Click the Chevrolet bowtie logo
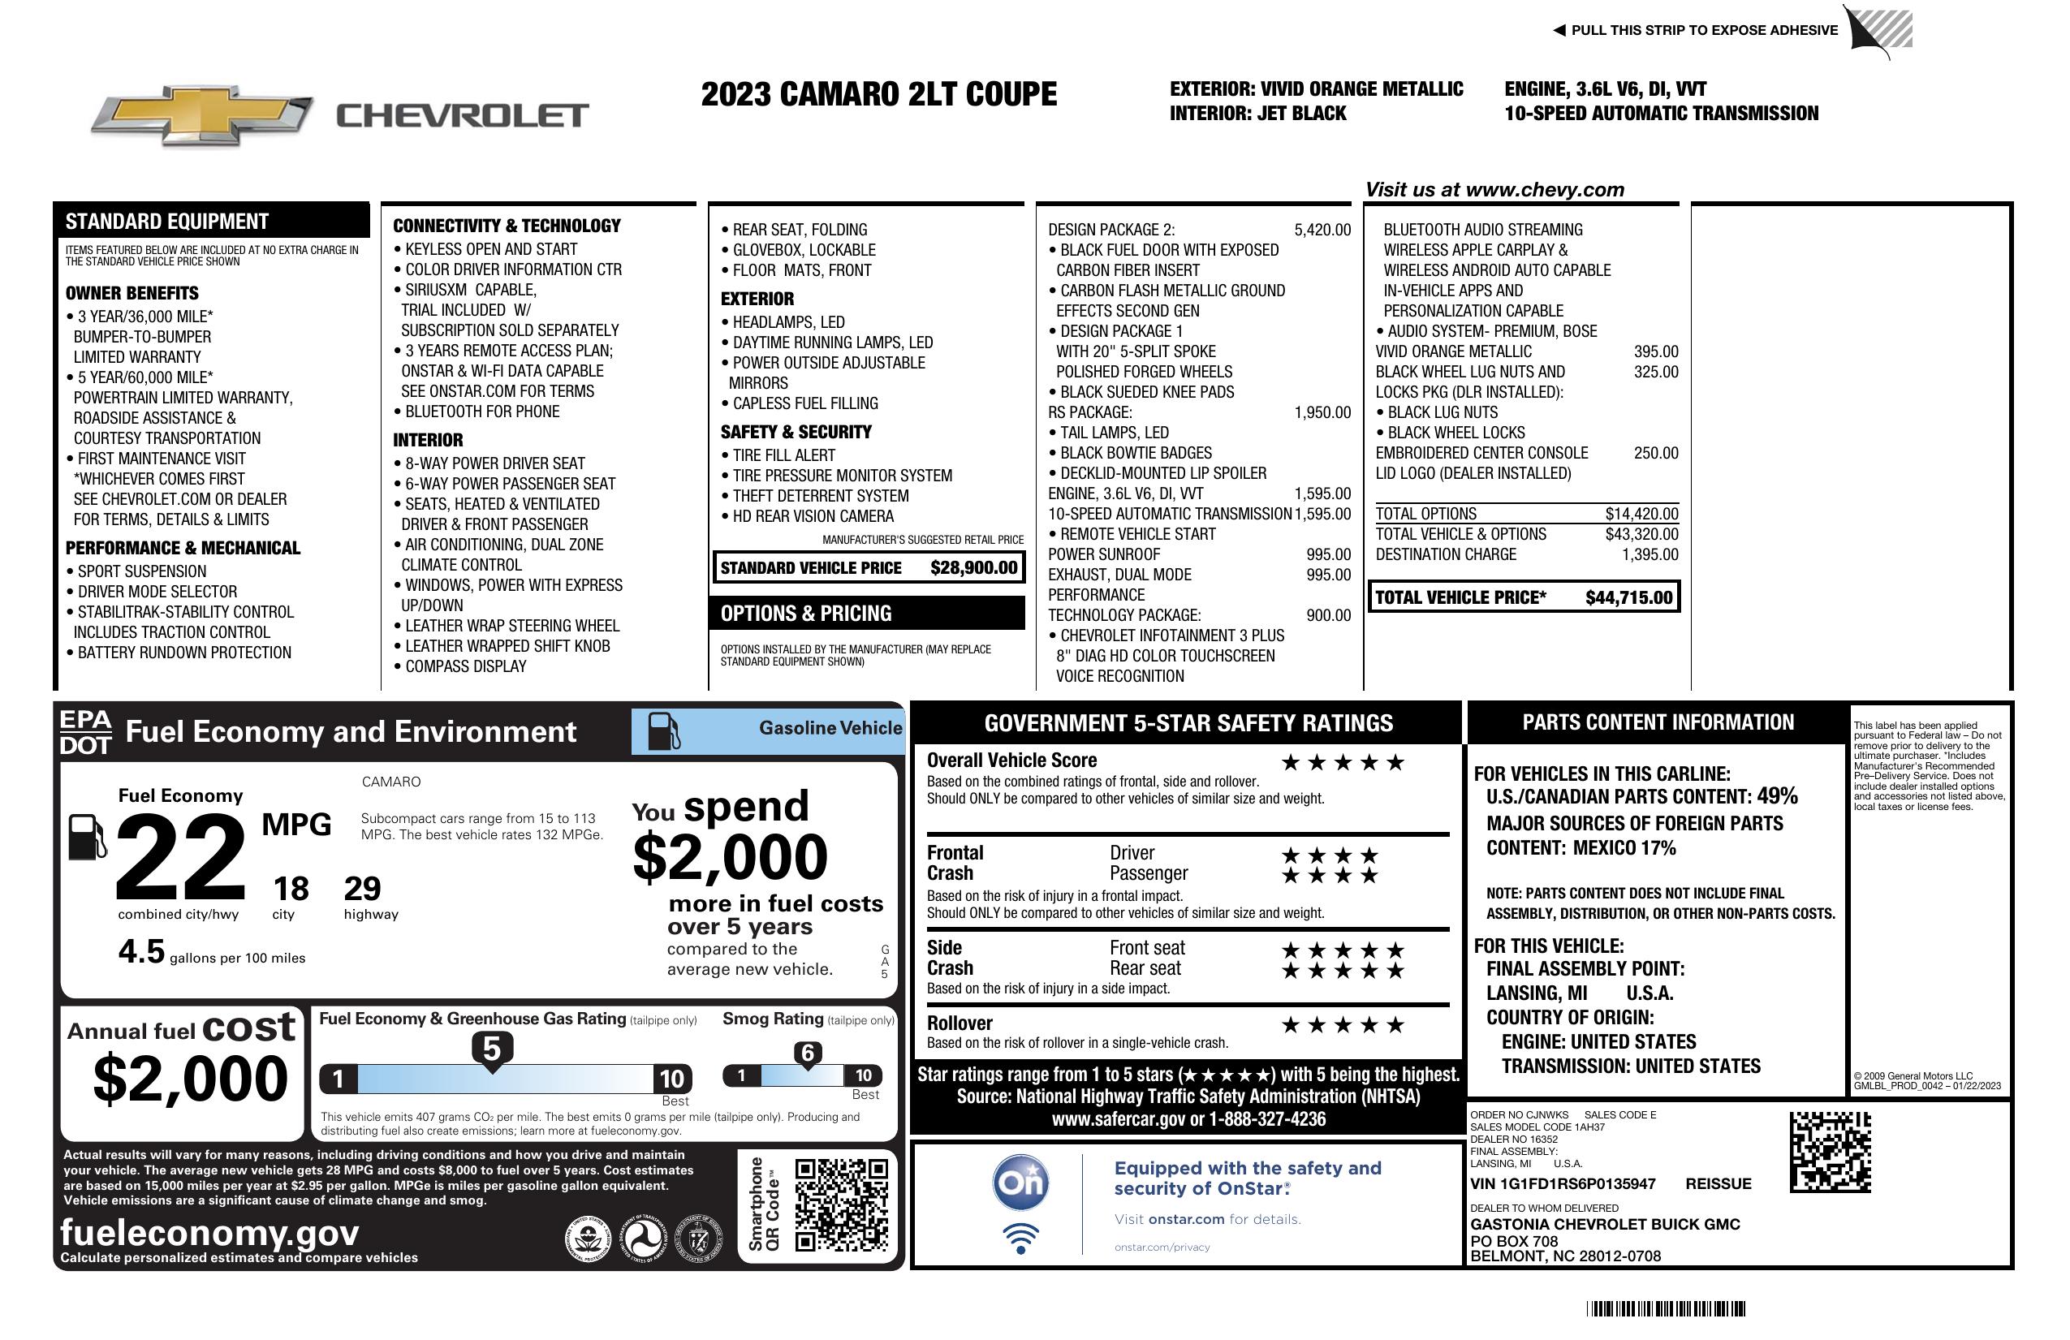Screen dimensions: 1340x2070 pyautogui.click(x=202, y=114)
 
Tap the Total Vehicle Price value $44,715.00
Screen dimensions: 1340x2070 pyautogui.click(x=1628, y=597)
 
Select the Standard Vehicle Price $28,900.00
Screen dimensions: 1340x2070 pyautogui.click(x=973, y=568)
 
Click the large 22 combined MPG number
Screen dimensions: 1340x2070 pyautogui.click(x=181, y=857)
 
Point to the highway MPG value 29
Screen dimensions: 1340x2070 pyautogui.click(x=362, y=889)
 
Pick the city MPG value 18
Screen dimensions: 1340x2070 pyautogui.click(x=291, y=889)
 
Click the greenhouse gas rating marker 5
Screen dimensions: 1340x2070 pyautogui.click(x=491, y=1049)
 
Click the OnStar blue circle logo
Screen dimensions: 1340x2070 pyautogui.click(x=1020, y=1183)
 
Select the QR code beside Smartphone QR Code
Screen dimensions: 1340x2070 pyautogui.click(x=841, y=1204)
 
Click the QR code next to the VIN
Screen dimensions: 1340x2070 pyautogui.click(x=1830, y=1152)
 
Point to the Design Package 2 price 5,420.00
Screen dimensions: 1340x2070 pyautogui.click(x=1322, y=230)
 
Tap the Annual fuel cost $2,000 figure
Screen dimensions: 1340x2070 pyautogui.click(x=191, y=1079)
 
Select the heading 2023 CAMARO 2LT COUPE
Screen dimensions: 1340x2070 pyautogui.click(x=878, y=94)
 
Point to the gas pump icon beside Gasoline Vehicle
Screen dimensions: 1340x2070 pyautogui.click(x=664, y=731)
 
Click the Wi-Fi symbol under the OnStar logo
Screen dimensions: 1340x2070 pyautogui.click(x=1020, y=1238)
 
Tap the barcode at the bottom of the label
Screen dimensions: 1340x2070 pyautogui.click(x=1666, y=1308)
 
